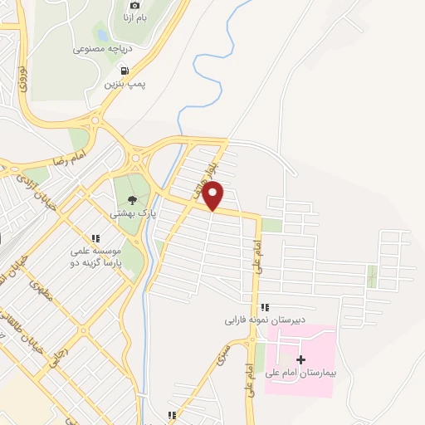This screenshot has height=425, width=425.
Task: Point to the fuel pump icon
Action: coord(125,71)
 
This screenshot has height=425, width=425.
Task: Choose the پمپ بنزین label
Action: coord(125,84)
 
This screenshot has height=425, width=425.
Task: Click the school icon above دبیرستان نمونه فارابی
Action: coord(264,307)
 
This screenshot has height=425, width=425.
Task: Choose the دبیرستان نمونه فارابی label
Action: coord(257,319)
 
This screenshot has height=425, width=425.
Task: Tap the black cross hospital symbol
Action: coord(300,359)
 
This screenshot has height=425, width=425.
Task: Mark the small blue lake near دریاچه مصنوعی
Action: coord(101,35)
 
